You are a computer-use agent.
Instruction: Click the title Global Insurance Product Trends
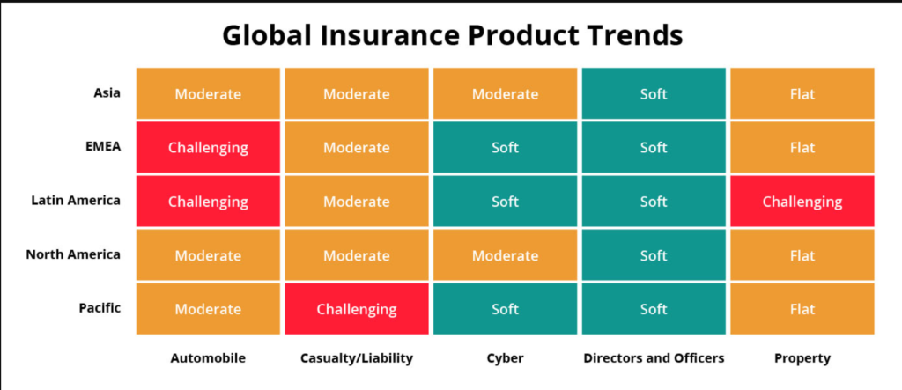click(x=452, y=36)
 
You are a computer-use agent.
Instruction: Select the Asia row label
click(x=107, y=92)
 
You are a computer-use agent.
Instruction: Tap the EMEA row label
click(x=104, y=146)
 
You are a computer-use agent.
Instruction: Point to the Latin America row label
click(x=76, y=200)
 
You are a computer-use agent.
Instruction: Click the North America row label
click(x=73, y=254)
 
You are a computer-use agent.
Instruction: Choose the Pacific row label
click(x=100, y=308)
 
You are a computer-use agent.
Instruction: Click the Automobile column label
click(x=208, y=357)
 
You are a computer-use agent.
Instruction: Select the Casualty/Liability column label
click(x=357, y=358)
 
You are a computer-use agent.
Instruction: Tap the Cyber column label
click(x=505, y=358)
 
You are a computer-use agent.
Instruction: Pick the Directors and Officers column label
click(x=654, y=357)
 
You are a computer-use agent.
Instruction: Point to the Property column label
click(x=802, y=358)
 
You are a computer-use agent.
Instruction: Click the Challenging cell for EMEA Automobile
click(x=208, y=147)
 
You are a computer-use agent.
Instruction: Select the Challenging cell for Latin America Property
click(x=802, y=202)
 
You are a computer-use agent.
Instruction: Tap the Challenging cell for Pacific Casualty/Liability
click(x=357, y=309)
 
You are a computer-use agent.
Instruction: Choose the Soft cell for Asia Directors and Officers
click(x=654, y=93)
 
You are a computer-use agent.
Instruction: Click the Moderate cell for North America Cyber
click(x=505, y=254)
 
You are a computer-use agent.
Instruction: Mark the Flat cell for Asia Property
click(x=802, y=93)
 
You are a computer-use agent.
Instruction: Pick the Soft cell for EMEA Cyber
click(x=505, y=147)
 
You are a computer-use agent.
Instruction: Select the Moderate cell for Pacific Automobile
click(x=208, y=309)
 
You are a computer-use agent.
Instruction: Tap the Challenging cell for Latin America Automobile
click(x=208, y=202)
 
